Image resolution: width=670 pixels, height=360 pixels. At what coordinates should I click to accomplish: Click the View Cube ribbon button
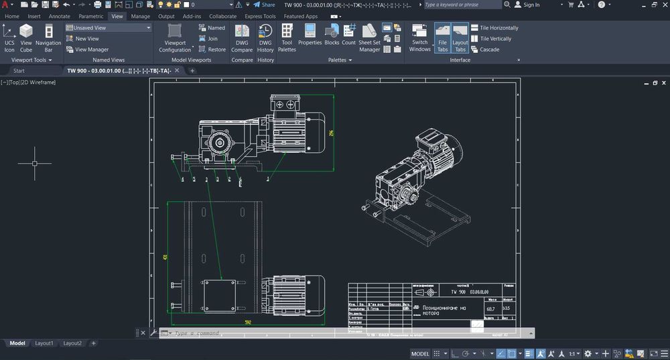click(x=26, y=38)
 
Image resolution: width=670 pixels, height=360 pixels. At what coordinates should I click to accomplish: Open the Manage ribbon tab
click(x=140, y=16)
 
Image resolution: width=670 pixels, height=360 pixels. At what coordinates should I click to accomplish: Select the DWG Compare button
click(x=242, y=38)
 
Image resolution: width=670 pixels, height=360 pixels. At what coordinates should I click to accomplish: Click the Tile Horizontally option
click(x=499, y=28)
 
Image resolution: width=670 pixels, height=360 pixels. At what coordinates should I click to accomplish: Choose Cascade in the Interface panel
click(x=489, y=50)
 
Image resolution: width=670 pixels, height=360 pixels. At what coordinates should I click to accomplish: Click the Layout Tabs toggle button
click(x=460, y=38)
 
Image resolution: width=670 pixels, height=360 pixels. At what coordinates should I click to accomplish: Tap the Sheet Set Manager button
click(x=369, y=38)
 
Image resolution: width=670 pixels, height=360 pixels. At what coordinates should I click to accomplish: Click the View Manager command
click(x=92, y=50)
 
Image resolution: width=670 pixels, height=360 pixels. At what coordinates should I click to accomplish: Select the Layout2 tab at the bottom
click(x=72, y=343)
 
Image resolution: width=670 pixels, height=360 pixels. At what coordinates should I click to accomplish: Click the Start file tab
click(x=19, y=70)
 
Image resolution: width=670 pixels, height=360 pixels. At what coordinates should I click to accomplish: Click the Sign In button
click(x=531, y=5)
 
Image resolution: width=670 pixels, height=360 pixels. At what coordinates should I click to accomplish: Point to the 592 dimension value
click(x=248, y=322)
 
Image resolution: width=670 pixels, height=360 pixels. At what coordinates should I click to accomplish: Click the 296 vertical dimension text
click(x=331, y=133)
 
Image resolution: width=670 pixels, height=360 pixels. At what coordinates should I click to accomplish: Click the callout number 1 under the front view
click(x=268, y=180)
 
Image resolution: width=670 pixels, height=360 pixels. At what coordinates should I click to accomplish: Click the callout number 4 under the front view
click(x=182, y=180)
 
